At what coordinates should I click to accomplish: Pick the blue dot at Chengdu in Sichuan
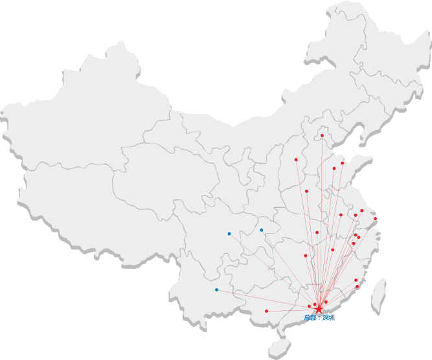tap(229, 233)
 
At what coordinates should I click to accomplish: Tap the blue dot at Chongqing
tap(261, 230)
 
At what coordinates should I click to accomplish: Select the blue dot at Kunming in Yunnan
tap(216, 289)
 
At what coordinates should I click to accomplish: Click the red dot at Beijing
tap(322, 135)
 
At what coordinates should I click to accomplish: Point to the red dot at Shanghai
tap(375, 219)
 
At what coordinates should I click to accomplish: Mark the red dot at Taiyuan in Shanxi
tap(296, 159)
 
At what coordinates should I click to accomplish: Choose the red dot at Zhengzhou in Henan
tap(306, 191)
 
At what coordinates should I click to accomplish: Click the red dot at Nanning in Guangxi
tap(266, 311)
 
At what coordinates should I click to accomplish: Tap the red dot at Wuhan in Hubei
tap(317, 232)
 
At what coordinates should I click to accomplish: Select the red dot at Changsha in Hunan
tap(305, 255)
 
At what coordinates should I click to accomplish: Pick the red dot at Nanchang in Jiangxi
tap(332, 249)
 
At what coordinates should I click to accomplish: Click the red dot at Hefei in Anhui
tap(341, 215)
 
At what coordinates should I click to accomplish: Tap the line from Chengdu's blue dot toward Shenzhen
tap(272, 270)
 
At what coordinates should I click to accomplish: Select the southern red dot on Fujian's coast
tap(357, 286)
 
